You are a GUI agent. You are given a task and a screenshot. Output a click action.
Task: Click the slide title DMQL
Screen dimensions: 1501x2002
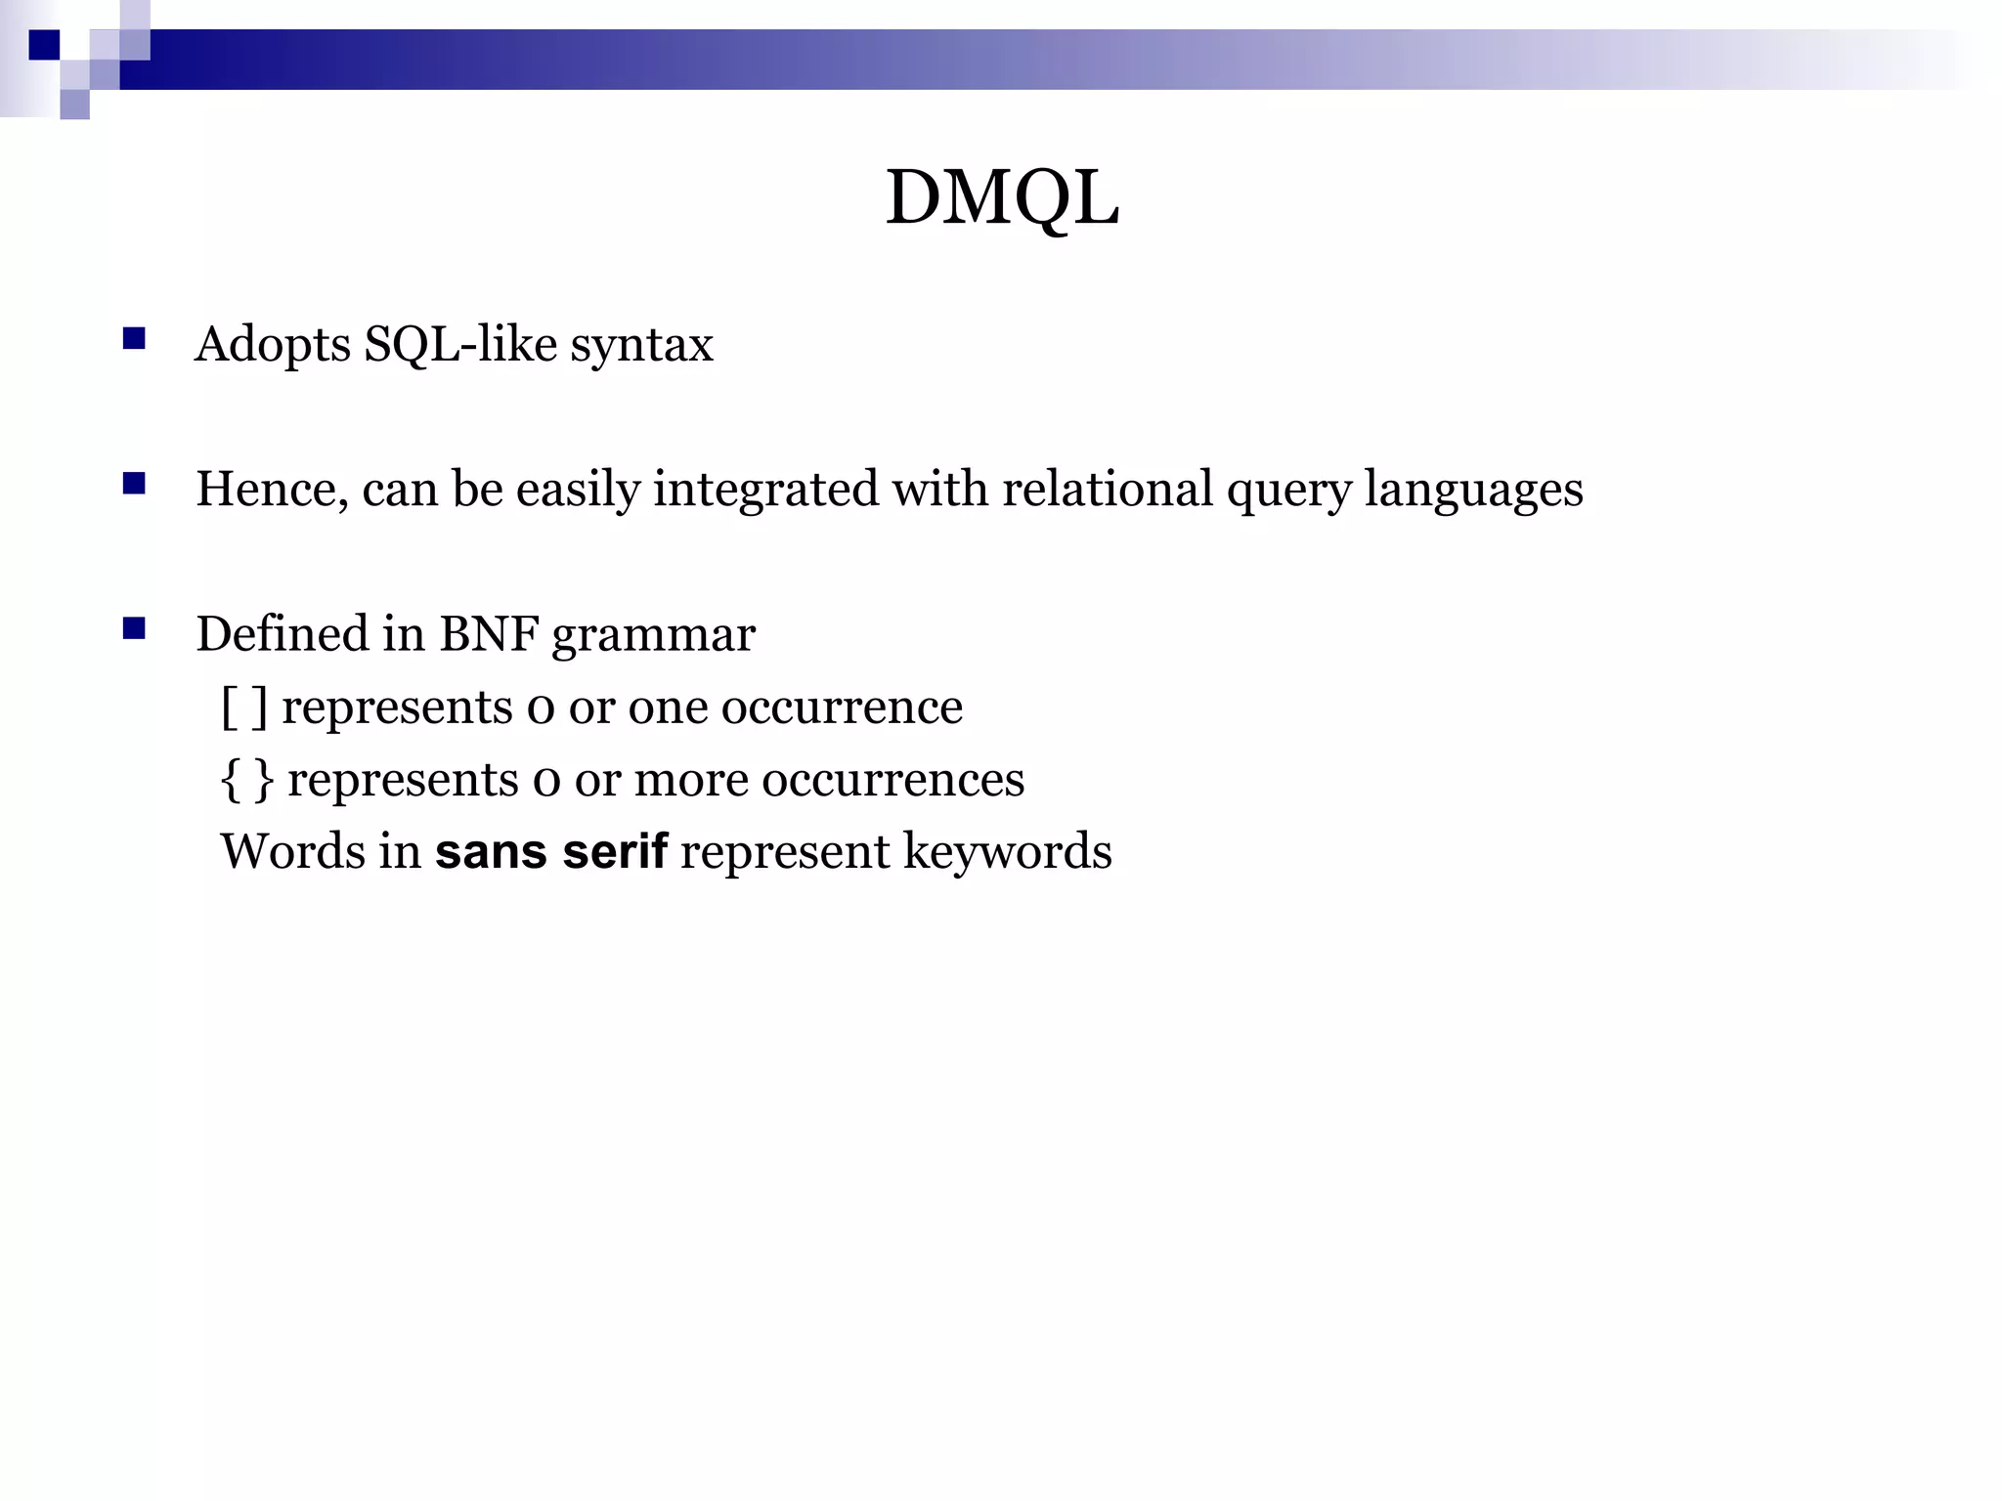1002,197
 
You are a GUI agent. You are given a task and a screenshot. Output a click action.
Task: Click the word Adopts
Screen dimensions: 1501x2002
273,345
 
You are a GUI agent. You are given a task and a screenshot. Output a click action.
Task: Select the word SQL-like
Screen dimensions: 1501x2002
460,345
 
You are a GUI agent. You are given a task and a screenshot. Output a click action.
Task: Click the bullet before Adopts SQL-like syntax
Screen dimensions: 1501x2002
134,339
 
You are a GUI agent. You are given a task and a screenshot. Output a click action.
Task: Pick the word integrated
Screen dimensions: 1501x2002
765,490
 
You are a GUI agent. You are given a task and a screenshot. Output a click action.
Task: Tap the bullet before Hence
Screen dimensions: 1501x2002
134,484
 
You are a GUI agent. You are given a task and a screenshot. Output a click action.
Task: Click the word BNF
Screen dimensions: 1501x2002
489,633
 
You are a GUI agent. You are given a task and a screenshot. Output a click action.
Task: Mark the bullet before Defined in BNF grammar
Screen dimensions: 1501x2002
134,628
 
